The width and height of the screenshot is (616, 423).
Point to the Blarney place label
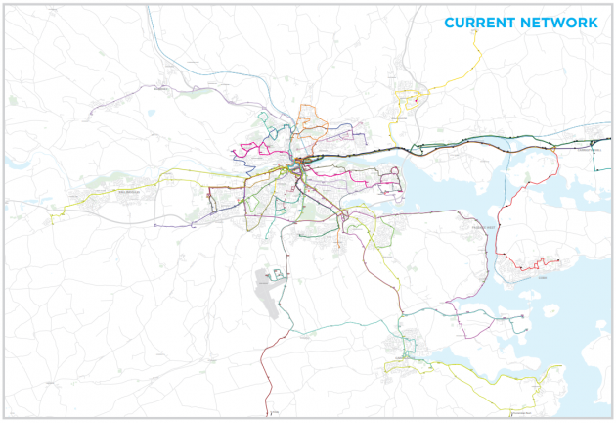click(x=162, y=88)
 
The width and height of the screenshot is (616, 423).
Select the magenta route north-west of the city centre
click(x=249, y=152)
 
